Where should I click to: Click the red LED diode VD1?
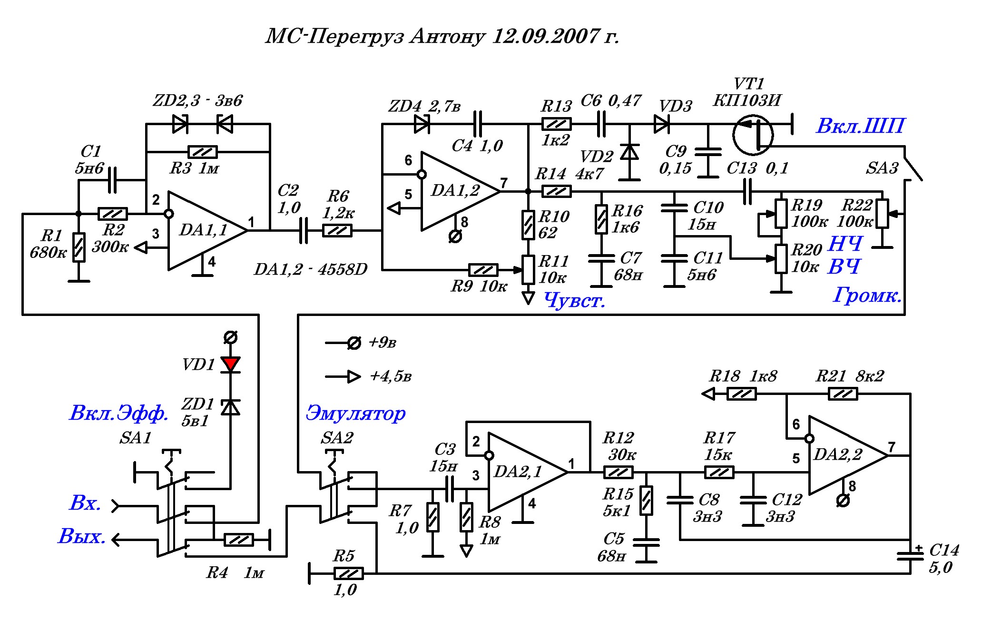click(x=231, y=365)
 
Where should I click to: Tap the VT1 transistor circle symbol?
click(x=753, y=135)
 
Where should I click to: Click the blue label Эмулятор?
click(x=355, y=413)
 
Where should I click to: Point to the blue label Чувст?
click(x=574, y=300)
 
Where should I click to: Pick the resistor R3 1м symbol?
click(x=203, y=152)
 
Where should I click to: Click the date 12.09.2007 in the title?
click(x=545, y=36)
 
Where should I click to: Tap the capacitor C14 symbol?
click(x=910, y=555)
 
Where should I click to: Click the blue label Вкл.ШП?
click(x=860, y=126)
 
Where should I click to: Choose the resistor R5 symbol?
click(x=349, y=573)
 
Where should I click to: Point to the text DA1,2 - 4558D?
click(x=311, y=269)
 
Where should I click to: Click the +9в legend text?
click(x=383, y=343)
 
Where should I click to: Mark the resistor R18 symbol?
click(x=741, y=394)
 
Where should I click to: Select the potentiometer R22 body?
click(x=882, y=214)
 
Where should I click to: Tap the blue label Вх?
click(x=85, y=503)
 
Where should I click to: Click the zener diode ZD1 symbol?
click(x=231, y=407)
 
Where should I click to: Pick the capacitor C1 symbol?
click(x=112, y=180)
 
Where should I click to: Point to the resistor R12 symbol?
click(x=618, y=472)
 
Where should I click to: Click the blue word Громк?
click(x=867, y=296)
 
